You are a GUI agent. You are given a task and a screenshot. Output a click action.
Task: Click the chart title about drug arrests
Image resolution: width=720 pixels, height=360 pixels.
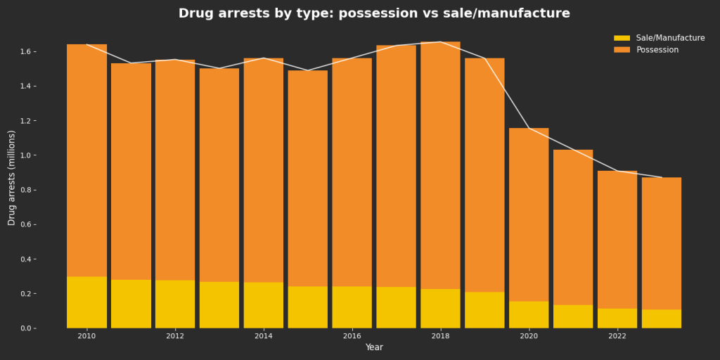coord(374,13)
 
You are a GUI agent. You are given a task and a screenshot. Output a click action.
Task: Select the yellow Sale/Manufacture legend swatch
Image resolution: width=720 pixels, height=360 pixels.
coord(622,38)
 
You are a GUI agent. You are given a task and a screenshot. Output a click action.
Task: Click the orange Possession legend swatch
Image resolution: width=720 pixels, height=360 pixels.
coord(622,50)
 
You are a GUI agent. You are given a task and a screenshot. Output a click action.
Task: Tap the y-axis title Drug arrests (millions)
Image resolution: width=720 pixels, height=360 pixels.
coord(11,178)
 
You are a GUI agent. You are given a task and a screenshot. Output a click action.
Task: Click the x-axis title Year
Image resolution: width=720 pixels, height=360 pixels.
coord(374,347)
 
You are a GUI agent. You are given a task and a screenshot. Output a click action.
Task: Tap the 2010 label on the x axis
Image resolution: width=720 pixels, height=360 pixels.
coord(87,336)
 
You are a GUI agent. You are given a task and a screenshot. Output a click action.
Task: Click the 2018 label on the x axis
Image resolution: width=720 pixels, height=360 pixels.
coord(441,336)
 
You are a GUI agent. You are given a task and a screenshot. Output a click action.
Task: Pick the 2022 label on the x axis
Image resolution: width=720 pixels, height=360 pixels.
coord(617,336)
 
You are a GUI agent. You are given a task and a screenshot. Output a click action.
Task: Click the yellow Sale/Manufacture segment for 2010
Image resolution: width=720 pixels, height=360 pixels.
coord(87,302)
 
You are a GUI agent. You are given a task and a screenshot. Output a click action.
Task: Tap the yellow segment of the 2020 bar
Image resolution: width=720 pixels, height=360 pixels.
coord(529,315)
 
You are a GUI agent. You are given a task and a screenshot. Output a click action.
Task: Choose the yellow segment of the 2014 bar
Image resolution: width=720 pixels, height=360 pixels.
coord(264,305)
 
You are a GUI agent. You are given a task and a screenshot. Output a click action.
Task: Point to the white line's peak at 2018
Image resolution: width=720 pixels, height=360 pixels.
coord(441,42)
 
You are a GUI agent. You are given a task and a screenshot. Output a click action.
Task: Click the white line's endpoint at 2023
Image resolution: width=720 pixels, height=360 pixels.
coord(662,177)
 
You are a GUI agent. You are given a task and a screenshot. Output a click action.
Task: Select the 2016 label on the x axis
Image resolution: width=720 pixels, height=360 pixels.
coord(352,336)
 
